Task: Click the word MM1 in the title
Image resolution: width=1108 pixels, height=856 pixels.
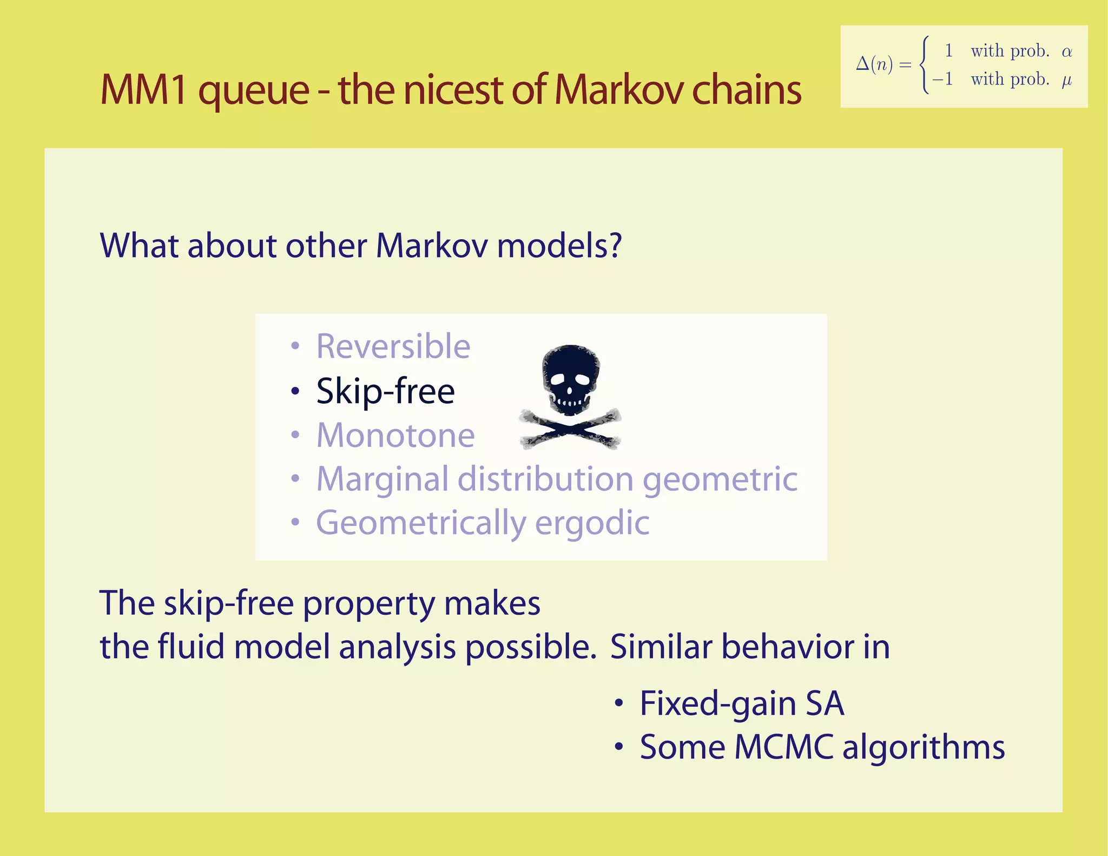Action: pyautogui.click(x=143, y=90)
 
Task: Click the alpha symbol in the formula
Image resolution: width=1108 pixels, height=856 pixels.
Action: pyautogui.click(x=1066, y=52)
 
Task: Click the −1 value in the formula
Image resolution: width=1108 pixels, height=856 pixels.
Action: pyautogui.click(x=942, y=80)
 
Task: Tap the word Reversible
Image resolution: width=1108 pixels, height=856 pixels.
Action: pyautogui.click(x=393, y=346)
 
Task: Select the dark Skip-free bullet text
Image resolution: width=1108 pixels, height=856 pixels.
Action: pyautogui.click(x=385, y=391)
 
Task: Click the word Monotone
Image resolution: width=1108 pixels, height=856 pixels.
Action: pyautogui.click(x=395, y=436)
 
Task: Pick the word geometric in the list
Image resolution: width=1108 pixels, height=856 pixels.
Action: pyautogui.click(x=720, y=479)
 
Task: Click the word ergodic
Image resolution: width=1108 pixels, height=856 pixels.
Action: pyautogui.click(x=592, y=523)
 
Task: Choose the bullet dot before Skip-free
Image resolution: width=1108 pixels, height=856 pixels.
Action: pyautogui.click(x=295, y=391)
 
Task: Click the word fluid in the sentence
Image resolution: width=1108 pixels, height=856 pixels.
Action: pyautogui.click(x=191, y=647)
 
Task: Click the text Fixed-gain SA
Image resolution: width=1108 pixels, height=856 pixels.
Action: pyautogui.click(x=741, y=703)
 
